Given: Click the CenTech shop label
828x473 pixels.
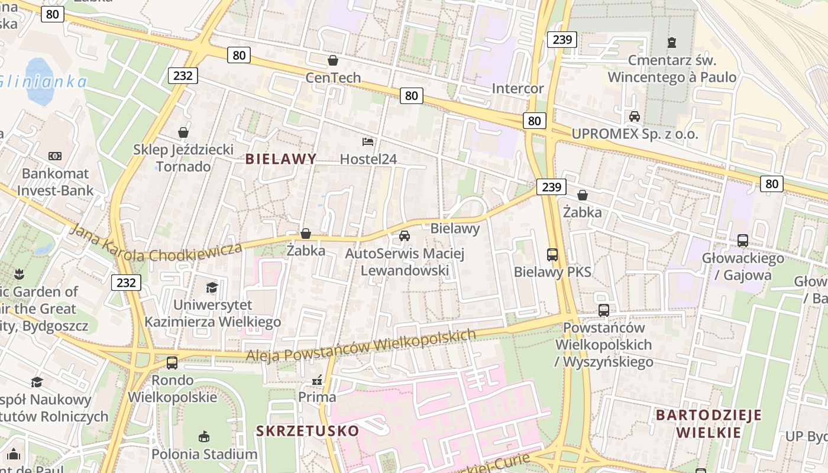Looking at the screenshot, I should [333, 77].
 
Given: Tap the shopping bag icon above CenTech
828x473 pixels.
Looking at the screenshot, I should [333, 60].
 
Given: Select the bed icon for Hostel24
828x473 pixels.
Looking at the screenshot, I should [368, 142].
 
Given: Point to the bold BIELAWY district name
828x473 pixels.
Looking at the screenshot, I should [281, 158].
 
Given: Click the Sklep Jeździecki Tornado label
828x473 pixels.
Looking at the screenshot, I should [183, 158].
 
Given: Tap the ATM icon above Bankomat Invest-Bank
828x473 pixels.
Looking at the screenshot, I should [55, 156].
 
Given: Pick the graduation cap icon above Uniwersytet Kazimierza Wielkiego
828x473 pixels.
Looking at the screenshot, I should [212, 287].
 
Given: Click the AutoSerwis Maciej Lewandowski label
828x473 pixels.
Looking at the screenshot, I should [405, 262].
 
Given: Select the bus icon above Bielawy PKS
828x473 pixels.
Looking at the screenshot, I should [552, 255].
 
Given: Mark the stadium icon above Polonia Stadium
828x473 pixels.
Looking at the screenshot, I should [204, 437].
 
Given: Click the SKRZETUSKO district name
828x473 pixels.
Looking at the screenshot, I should [308, 430].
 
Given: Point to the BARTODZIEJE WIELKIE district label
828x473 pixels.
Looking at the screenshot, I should [709, 423].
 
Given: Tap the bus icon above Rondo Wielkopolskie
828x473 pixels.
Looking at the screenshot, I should [172, 362].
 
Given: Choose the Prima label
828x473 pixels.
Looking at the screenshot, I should [317, 397].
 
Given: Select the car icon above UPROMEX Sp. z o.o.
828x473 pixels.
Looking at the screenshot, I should [635, 116].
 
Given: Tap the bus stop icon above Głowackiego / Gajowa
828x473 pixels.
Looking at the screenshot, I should [743, 241].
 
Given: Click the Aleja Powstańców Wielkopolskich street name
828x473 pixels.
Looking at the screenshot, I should [361, 345].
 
